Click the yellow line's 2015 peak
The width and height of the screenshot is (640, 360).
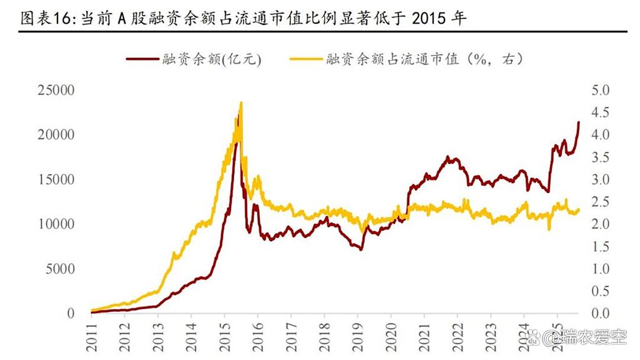coord(241,103)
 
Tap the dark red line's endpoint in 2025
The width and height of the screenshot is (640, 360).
coord(579,122)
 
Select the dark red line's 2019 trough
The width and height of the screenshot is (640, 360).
coord(361,250)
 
